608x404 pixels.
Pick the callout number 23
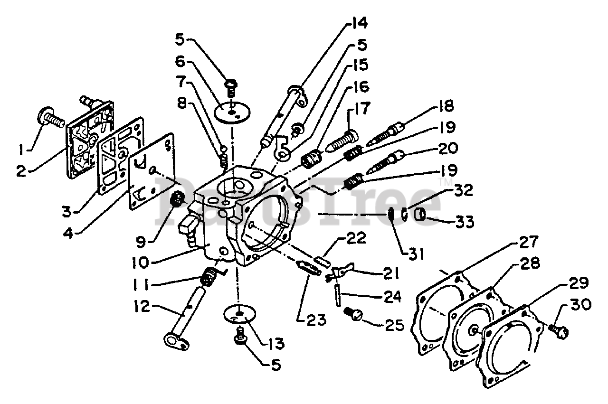pos(312,320)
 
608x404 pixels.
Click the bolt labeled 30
pos(558,329)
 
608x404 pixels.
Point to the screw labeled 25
pos(353,314)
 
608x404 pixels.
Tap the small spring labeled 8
pos(223,158)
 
